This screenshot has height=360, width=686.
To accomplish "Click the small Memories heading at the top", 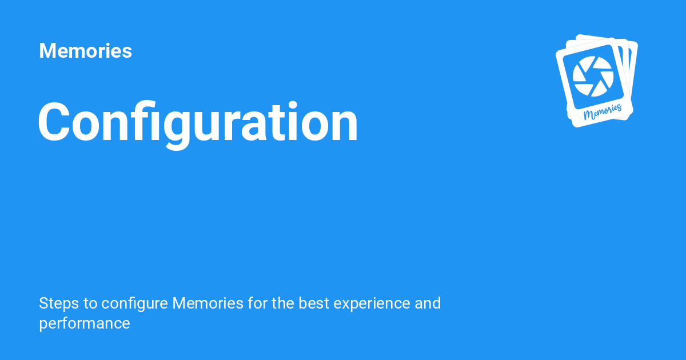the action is coord(85,50).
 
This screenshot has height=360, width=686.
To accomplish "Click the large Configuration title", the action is coord(198,125).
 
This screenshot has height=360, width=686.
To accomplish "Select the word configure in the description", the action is coord(134,303).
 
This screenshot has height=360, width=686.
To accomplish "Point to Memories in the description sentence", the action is coord(208,303).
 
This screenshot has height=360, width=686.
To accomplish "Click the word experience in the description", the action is coord(372,303).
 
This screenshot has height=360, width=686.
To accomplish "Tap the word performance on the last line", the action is coord(85,324).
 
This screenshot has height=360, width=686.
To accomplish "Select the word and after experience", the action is coord(428,303).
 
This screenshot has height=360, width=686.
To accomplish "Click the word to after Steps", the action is coord(90,303).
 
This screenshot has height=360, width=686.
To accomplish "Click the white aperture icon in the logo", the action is coord(593,76).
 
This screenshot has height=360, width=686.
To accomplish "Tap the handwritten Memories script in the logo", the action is coord(603,112).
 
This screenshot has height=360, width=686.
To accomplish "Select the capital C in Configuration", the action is coord(54,122).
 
